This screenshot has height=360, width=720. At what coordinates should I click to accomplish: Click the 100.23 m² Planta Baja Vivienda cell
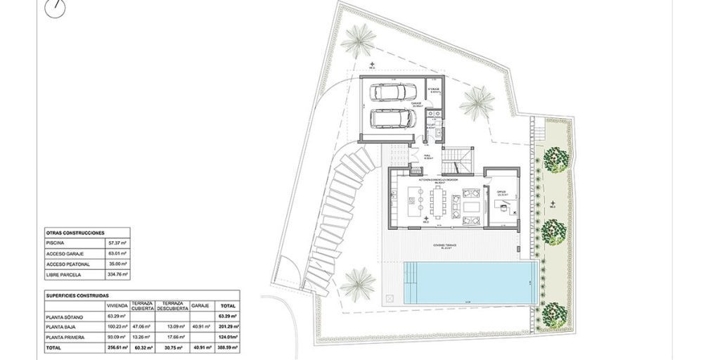click(x=117, y=327)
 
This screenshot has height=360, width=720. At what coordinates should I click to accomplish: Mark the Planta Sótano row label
click(x=65, y=317)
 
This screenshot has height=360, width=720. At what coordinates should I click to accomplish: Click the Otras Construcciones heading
click(x=75, y=232)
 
